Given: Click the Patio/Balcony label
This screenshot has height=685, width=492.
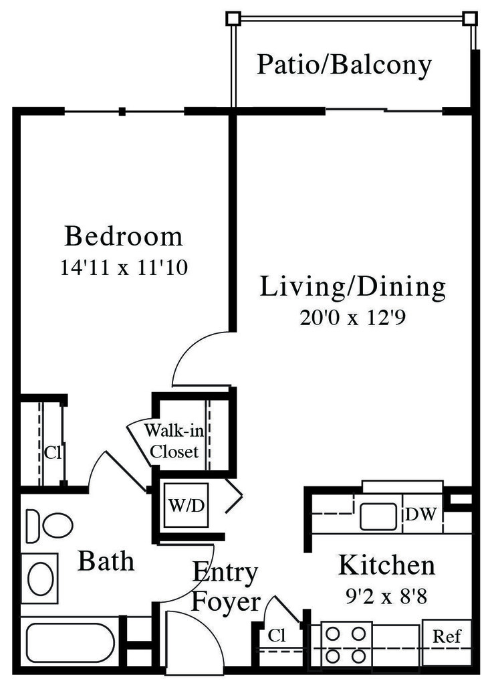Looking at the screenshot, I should coord(344,65).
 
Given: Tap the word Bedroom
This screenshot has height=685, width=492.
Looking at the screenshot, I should coord(124,237).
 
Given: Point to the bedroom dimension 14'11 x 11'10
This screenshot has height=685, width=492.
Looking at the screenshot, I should coord(124,268).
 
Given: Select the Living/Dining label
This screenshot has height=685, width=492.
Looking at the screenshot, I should coord(352,287).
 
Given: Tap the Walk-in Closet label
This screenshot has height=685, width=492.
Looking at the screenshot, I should coord(174,440).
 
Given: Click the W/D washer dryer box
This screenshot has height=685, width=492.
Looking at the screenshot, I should coord(187,506).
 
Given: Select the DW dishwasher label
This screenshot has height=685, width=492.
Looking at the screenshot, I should coord(422,515).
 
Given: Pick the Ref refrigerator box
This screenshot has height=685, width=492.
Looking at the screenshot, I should coord(447,637).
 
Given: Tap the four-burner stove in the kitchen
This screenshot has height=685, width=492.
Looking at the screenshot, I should coord(346,645).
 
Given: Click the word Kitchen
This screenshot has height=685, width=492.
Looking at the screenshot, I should coord(386,565).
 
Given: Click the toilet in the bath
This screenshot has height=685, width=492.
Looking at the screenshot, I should coord(51,524).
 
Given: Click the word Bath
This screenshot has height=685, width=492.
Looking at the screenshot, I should coord(106,561).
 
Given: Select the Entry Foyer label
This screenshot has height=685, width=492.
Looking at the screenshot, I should coord(225,587).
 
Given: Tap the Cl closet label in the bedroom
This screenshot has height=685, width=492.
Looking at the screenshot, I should coord(53,452).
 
